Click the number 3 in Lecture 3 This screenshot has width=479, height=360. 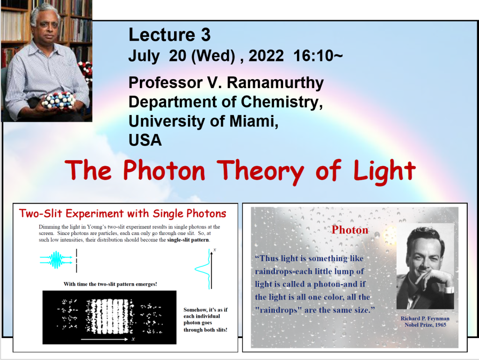pyautogui.click(x=206, y=35)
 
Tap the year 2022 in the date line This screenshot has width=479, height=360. pyautogui.click(x=266, y=56)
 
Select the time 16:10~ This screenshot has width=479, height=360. pyautogui.click(x=318, y=56)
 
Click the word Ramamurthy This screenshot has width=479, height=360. pyautogui.click(x=275, y=83)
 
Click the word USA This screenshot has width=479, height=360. pyautogui.click(x=145, y=140)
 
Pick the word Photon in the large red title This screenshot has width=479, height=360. pyautogui.click(x=164, y=170)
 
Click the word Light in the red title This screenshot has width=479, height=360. pyautogui.click(x=385, y=171)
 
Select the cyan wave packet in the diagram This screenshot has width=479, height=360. pyautogui.click(x=56, y=260)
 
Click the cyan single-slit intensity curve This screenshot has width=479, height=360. pyautogui.click(x=203, y=269)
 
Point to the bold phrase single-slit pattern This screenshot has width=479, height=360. pyautogui.click(x=188, y=240)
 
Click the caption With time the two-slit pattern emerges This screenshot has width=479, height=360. pyautogui.click(x=110, y=284)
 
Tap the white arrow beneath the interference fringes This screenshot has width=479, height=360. pyautogui.click(x=104, y=339)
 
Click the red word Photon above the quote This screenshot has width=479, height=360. pyautogui.click(x=350, y=230)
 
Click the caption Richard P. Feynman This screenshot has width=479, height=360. pyautogui.click(x=425, y=318)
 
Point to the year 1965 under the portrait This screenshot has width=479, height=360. pyautogui.click(x=441, y=325)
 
